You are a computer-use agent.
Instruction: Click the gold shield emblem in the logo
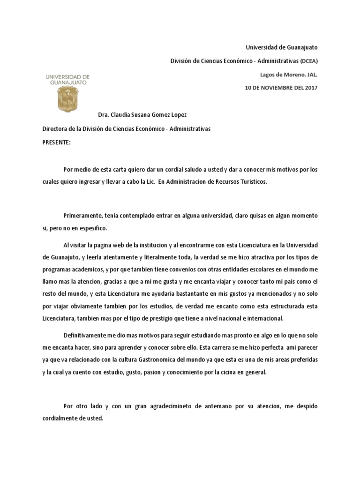[x=67, y=97]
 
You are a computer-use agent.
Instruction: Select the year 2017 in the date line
[x=310, y=88]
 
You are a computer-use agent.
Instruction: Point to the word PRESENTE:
[x=56, y=142]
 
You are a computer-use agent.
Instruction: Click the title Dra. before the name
[x=103, y=115]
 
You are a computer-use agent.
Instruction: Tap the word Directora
[x=56, y=128]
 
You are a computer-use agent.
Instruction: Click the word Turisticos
[x=253, y=182]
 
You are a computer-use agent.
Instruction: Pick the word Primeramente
[x=84, y=215]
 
